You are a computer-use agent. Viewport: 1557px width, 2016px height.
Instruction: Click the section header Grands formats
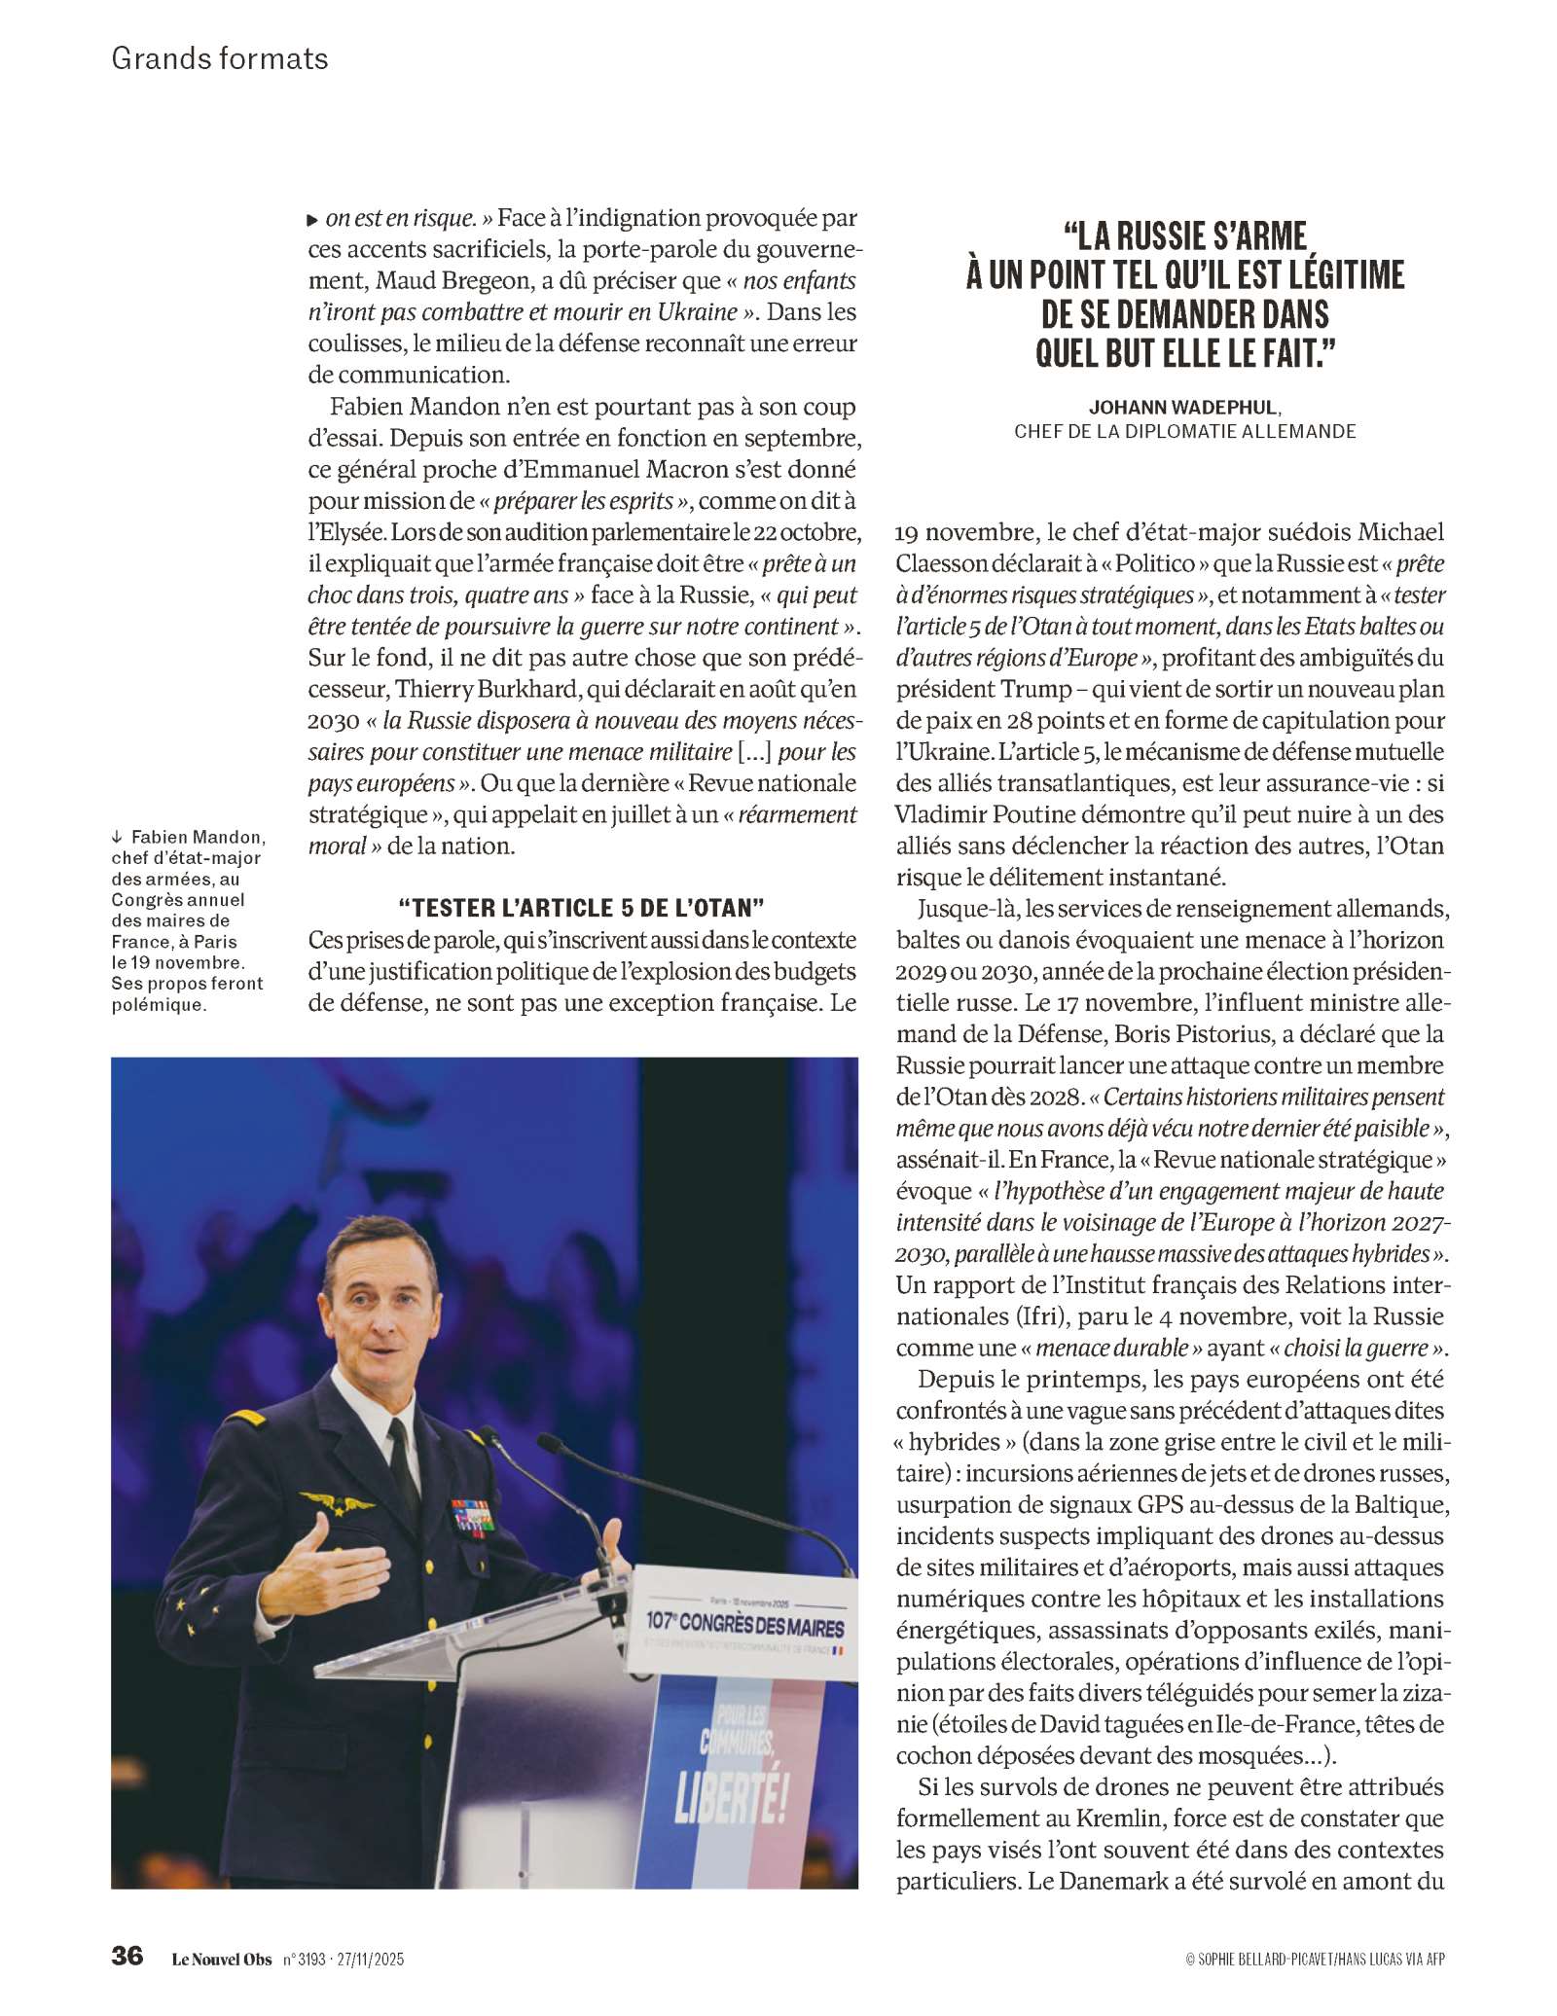(220, 58)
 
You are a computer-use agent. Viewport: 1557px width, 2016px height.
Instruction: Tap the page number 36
(127, 1956)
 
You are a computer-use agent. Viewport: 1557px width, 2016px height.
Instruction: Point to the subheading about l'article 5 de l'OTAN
(582, 909)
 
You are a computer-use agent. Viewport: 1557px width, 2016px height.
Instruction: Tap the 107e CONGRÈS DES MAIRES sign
(744, 1622)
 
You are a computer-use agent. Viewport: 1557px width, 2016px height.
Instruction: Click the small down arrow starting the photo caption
(118, 838)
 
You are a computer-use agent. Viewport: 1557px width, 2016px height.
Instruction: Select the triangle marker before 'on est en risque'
(312, 220)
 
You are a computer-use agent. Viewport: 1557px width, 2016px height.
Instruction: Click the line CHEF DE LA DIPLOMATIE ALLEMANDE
(1184, 431)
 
